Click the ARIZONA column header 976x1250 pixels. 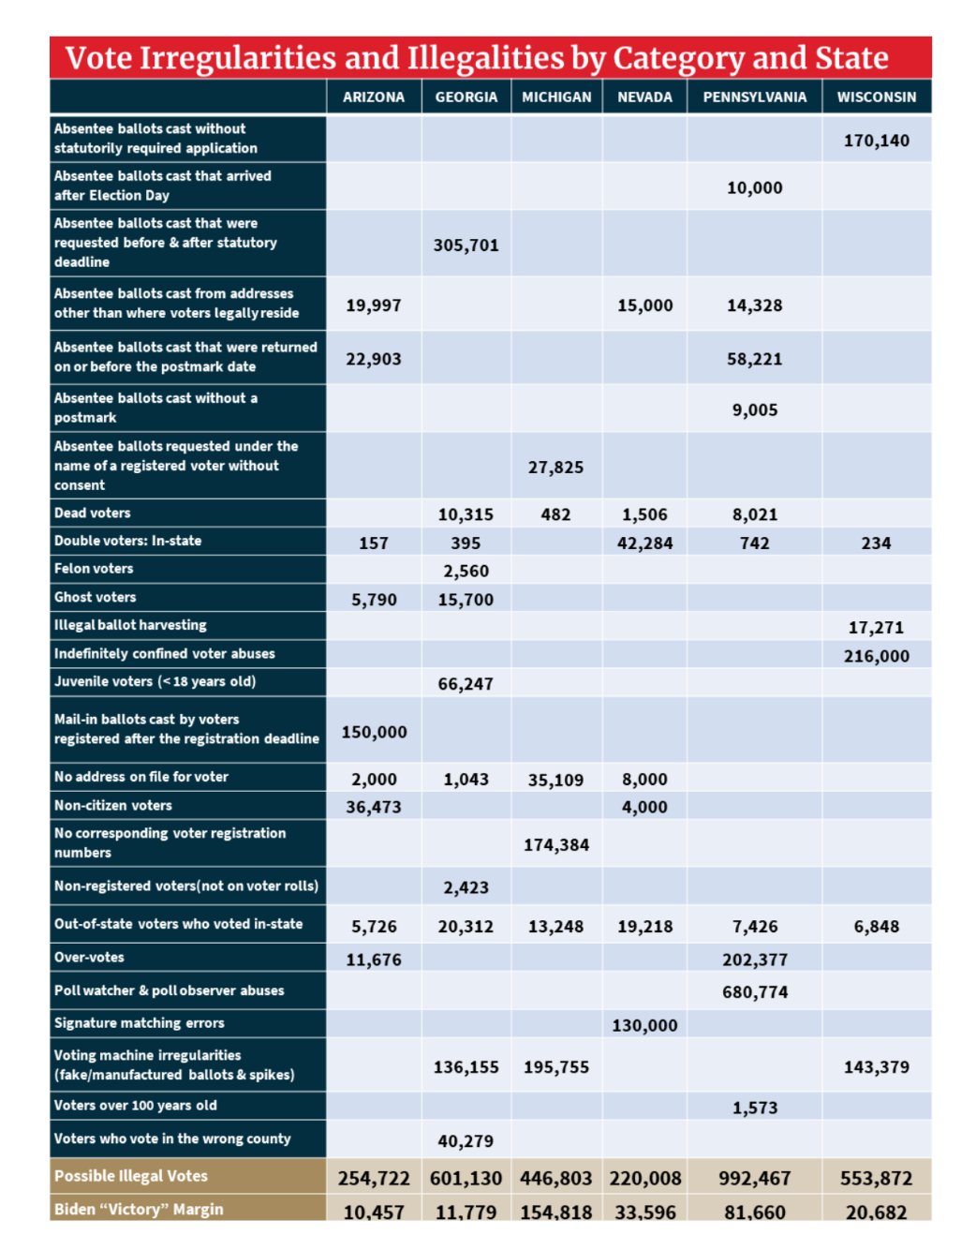click(374, 97)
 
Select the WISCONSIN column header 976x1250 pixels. click(876, 97)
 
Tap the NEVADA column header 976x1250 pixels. click(644, 97)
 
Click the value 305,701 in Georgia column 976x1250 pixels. click(466, 246)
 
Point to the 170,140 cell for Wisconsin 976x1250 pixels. click(876, 141)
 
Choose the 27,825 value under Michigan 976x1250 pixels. click(555, 468)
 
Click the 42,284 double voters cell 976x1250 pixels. click(644, 543)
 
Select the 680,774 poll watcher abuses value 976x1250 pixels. click(754, 992)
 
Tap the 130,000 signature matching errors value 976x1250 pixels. click(644, 1026)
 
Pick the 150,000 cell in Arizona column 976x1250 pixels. click(374, 733)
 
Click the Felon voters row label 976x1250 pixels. click(94, 569)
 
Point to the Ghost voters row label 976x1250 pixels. click(95, 597)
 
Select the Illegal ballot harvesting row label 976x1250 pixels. click(130, 625)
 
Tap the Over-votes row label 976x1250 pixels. click(89, 958)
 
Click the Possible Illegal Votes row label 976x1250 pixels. click(131, 1176)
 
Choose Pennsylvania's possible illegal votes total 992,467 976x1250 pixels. click(754, 1179)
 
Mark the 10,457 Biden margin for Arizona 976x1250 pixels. click(374, 1213)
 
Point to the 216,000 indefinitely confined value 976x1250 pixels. click(876, 657)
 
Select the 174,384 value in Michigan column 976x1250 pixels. click(555, 845)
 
